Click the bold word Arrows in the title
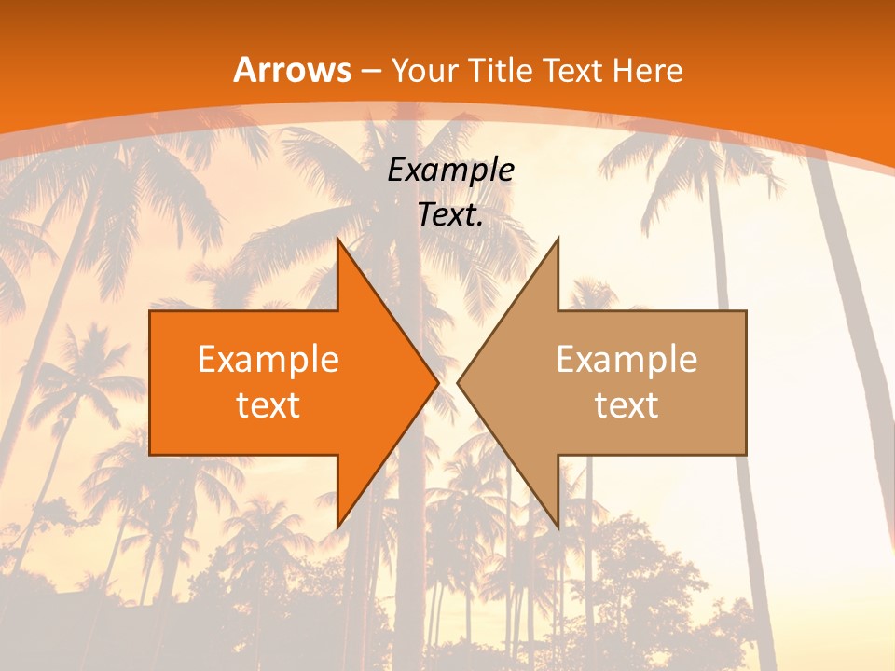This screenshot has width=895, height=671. click(293, 70)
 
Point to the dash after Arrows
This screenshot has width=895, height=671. click(371, 72)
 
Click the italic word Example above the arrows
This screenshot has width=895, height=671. click(450, 170)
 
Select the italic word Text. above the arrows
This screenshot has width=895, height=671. click(450, 214)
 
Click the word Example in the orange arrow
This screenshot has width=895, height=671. click(268, 359)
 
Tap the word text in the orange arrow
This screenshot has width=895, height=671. click(268, 405)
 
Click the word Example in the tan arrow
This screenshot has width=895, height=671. click(626, 359)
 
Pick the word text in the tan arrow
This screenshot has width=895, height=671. click(626, 405)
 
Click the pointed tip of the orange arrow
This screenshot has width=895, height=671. click(438, 382)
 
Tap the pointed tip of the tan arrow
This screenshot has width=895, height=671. click(458, 382)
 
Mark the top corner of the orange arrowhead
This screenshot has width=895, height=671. click(337, 239)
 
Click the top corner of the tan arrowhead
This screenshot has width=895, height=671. click(558, 239)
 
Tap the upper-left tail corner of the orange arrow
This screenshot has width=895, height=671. click(150, 311)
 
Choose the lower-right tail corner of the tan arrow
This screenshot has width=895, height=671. click(746, 455)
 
